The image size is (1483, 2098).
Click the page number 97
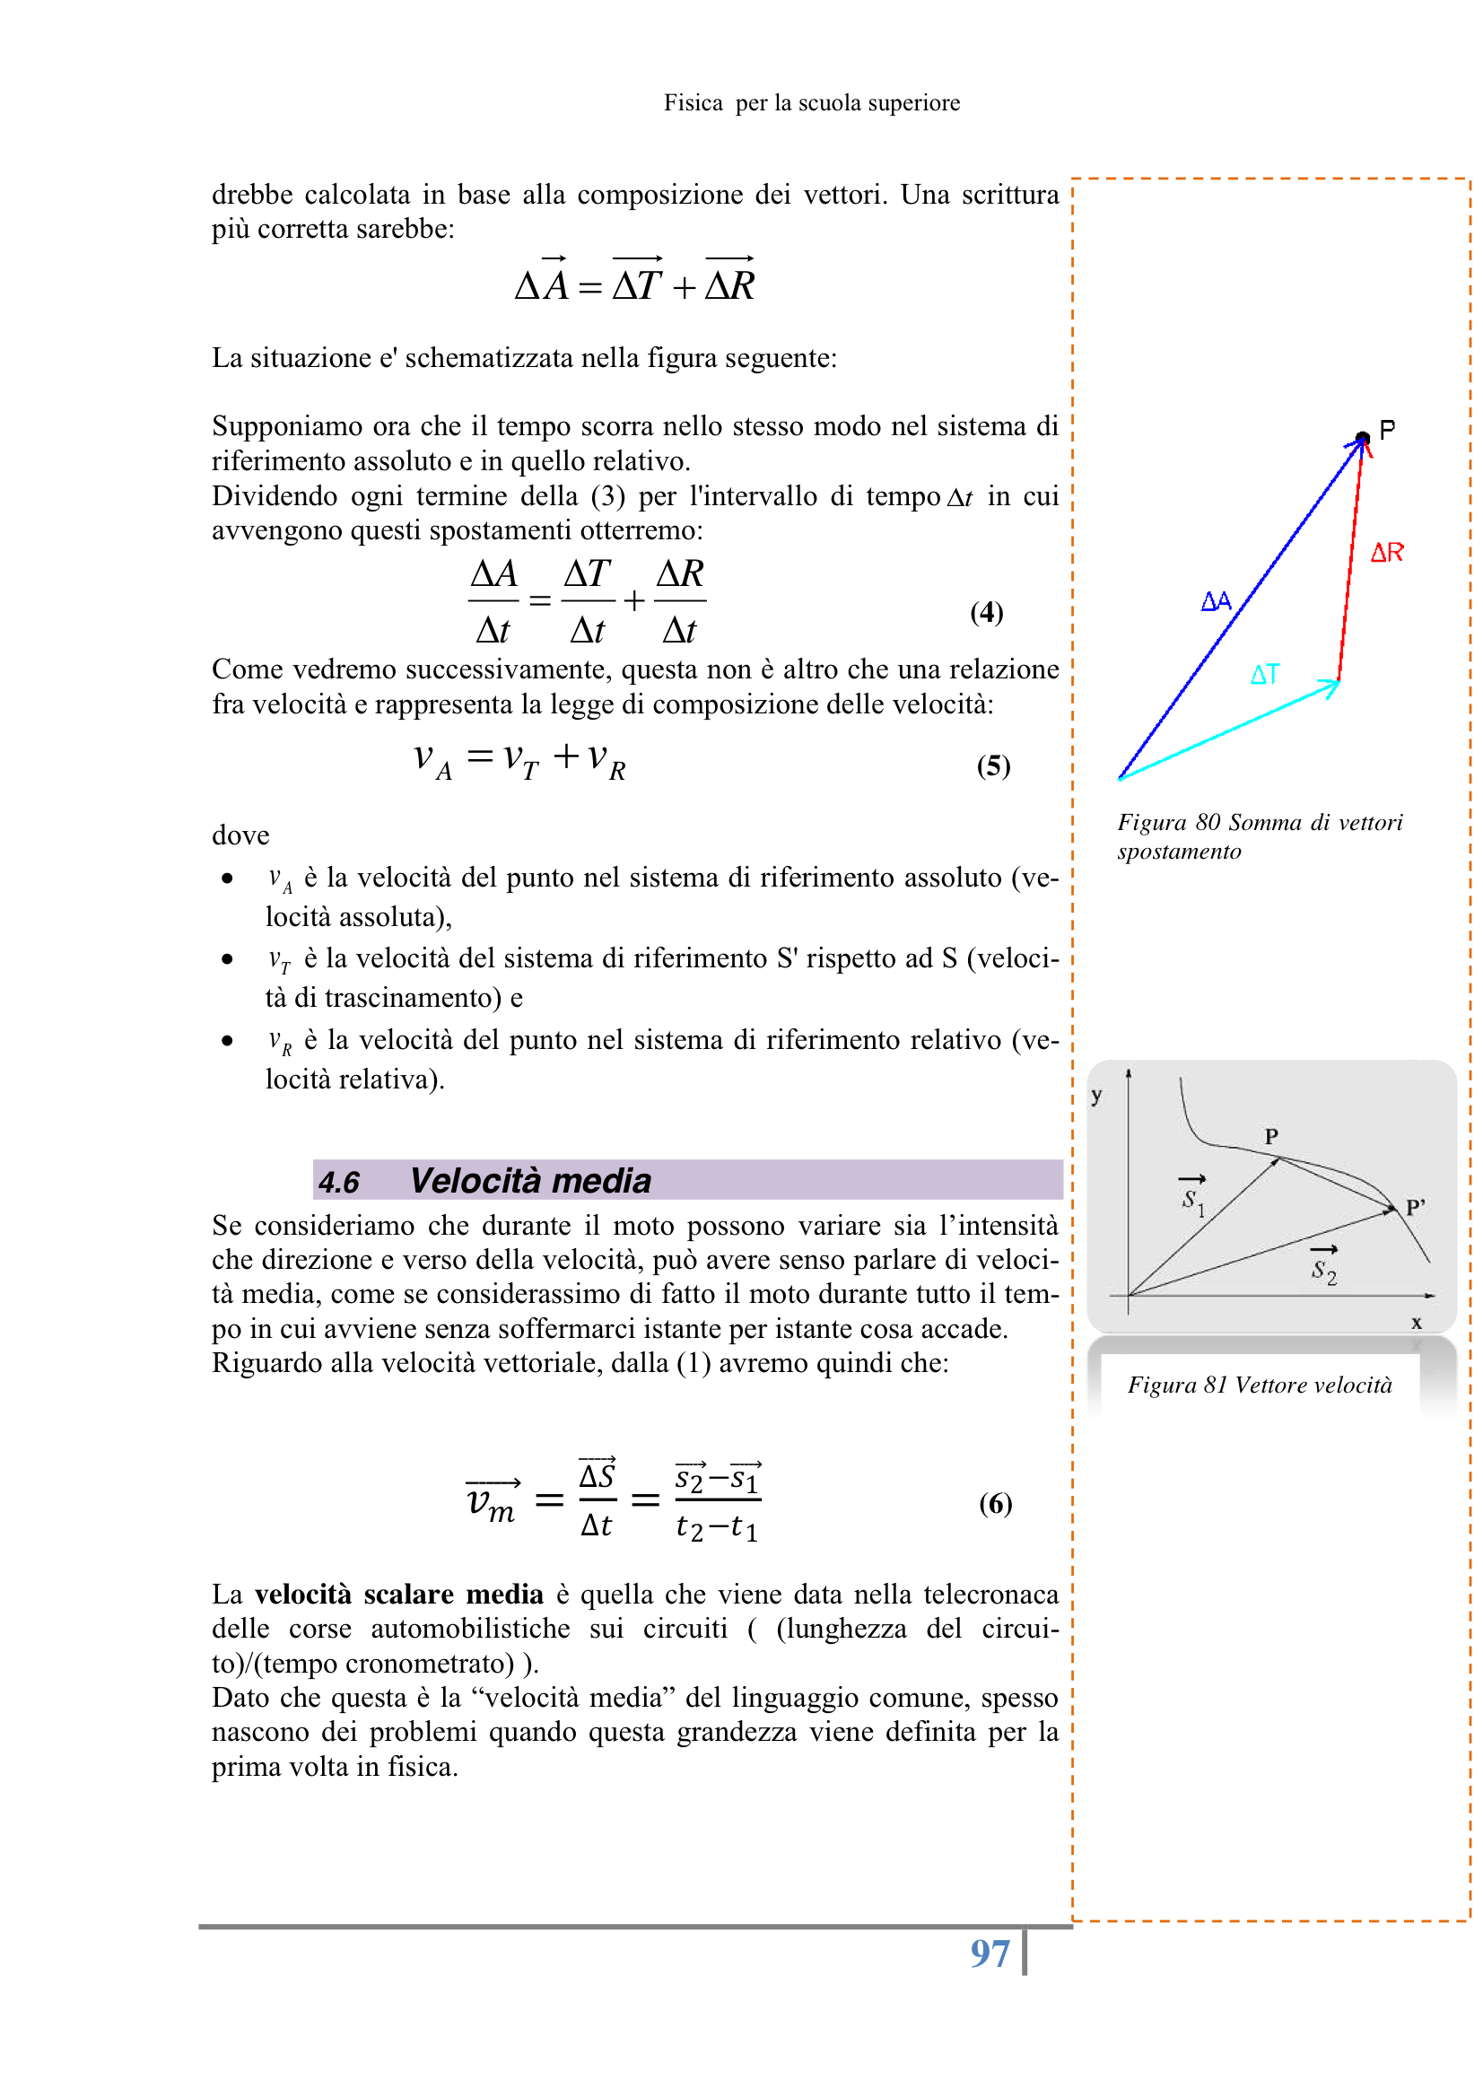click(x=990, y=1954)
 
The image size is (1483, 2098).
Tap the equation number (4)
click(x=986, y=611)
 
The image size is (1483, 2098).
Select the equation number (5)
click(x=992, y=765)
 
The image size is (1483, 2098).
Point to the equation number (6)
click(x=995, y=1502)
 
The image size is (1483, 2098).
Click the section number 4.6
click(x=339, y=1182)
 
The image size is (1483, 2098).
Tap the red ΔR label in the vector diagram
click(x=1386, y=552)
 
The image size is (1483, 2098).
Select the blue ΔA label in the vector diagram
click(x=1216, y=600)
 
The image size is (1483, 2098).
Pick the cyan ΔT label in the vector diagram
click(x=1265, y=675)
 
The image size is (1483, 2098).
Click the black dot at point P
click(x=1362, y=438)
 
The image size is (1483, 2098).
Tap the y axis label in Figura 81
click(x=1096, y=1096)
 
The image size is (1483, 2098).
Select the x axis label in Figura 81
click(x=1417, y=1322)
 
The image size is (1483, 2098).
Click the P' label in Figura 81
click(x=1416, y=1206)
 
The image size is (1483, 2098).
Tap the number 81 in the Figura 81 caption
click(x=1215, y=1385)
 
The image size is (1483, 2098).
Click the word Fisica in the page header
click(x=693, y=102)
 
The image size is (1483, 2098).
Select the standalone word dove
click(x=240, y=835)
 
